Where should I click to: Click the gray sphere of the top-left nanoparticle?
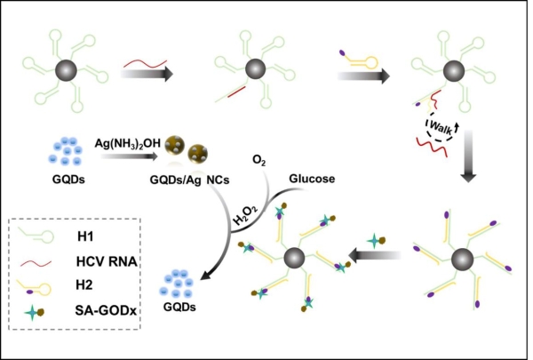pos(66,69)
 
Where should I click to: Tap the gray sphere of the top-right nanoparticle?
pos(441,69)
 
